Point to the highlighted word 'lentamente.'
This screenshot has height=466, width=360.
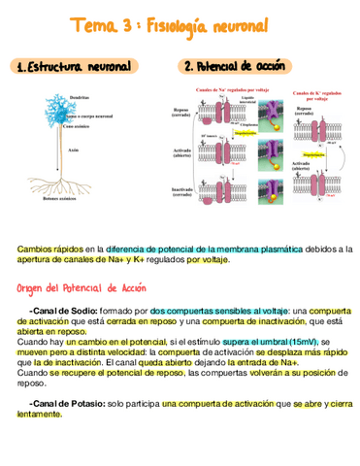(x=39, y=415)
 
